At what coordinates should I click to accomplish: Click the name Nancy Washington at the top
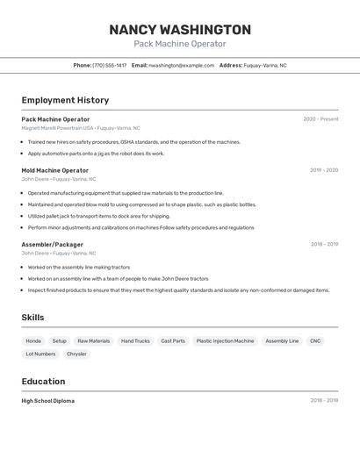click(x=180, y=30)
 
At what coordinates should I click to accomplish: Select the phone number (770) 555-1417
click(x=110, y=65)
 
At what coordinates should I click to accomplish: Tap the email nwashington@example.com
click(x=182, y=65)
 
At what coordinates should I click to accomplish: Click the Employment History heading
click(x=65, y=100)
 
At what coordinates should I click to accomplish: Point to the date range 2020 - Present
click(x=320, y=119)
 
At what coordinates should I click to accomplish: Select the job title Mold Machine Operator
click(x=55, y=170)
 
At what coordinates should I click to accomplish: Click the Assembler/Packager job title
click(x=53, y=244)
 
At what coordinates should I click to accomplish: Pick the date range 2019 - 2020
click(x=324, y=170)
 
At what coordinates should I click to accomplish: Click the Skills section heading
click(x=32, y=318)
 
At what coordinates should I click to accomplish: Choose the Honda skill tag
click(x=33, y=340)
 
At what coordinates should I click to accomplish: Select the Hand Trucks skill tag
click(x=135, y=340)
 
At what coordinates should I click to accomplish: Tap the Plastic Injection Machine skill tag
click(x=225, y=340)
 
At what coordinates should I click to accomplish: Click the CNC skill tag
click(x=315, y=340)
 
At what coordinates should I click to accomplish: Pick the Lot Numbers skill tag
click(x=40, y=354)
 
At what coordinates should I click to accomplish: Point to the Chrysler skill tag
click(x=76, y=354)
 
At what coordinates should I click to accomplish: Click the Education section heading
click(x=43, y=382)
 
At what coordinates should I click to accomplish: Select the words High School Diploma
click(x=48, y=401)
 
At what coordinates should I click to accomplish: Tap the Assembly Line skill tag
click(x=282, y=340)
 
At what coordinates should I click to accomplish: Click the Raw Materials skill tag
click(x=94, y=340)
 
